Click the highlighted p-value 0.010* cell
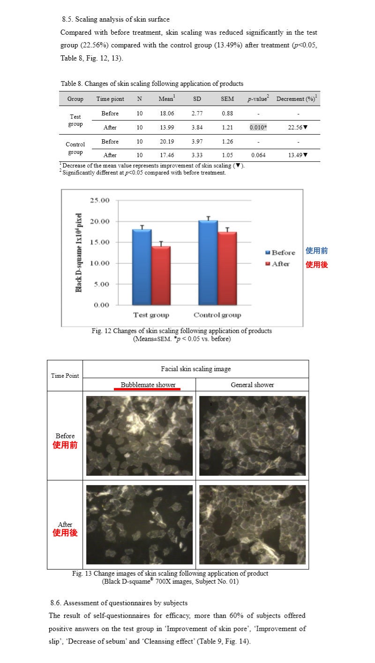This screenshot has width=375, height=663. click(x=258, y=127)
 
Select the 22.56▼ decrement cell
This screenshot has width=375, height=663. click(x=298, y=127)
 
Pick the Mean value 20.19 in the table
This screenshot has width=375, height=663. click(x=166, y=142)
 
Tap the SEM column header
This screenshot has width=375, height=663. click(x=227, y=99)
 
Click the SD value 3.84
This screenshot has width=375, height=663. click(x=197, y=127)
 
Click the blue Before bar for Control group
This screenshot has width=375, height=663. click(x=208, y=262)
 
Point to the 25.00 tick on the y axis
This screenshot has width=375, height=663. click(x=99, y=200)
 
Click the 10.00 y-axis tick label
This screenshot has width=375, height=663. click(x=99, y=263)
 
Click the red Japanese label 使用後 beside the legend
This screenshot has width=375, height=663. click(x=317, y=265)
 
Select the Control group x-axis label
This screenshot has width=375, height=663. click(x=217, y=315)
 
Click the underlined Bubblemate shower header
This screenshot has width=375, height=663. click(x=148, y=385)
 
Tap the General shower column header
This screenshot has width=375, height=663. click(x=252, y=385)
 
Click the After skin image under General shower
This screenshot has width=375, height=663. click(x=252, y=525)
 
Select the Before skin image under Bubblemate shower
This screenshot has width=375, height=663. click(x=139, y=436)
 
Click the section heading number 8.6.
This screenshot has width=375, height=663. click(x=56, y=602)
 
